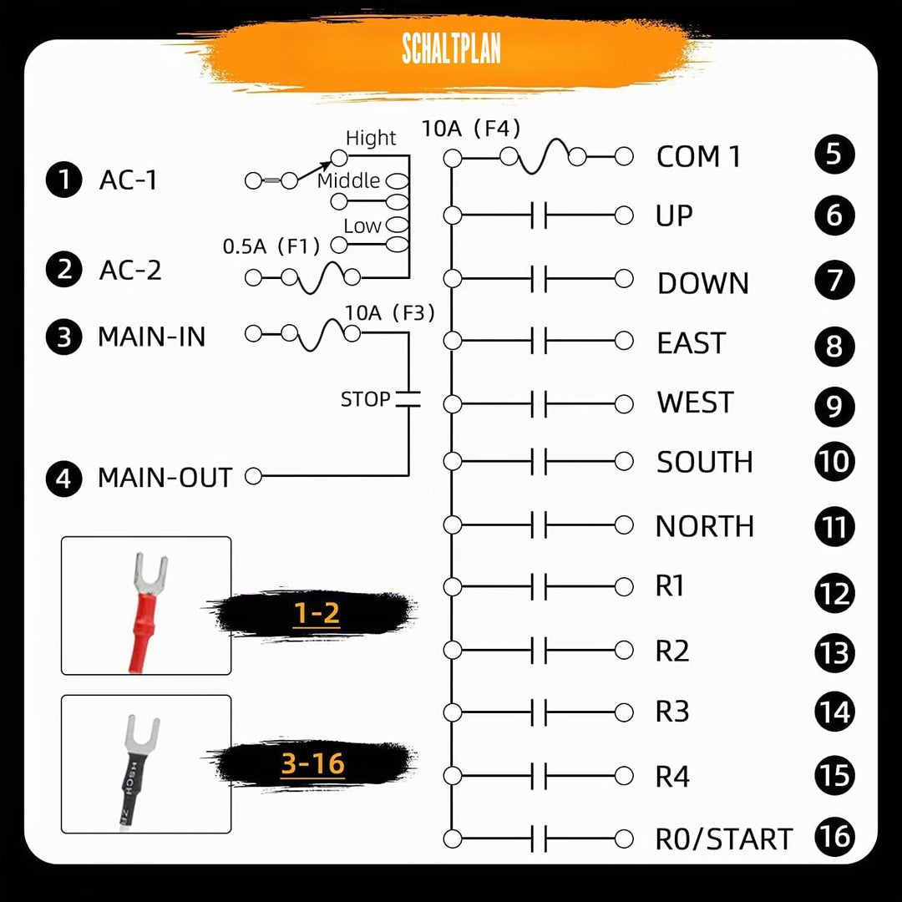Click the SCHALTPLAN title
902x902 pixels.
point(451,48)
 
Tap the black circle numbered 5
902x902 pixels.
point(834,155)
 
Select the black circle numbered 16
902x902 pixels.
point(834,837)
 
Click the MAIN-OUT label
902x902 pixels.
point(165,478)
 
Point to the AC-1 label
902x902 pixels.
point(128,180)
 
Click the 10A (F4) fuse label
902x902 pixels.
point(471,129)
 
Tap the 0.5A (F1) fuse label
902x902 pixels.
point(271,246)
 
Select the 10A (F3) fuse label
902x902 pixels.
point(389,313)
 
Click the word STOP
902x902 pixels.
point(365,399)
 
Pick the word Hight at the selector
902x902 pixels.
point(371,138)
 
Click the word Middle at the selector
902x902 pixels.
point(348,180)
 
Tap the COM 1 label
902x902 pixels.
point(697,156)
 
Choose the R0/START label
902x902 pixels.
point(723,839)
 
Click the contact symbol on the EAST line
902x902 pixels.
point(539,341)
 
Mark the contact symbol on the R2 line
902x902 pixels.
point(539,650)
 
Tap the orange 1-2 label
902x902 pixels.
point(317,613)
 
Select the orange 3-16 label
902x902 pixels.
point(313,764)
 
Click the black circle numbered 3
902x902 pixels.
point(63,337)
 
